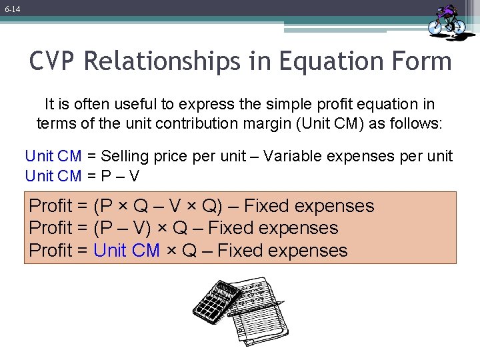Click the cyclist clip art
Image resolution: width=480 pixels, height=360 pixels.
coord(447,19)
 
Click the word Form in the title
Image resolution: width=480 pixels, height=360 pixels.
coord(423,62)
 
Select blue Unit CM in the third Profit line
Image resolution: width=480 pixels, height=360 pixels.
coord(127,251)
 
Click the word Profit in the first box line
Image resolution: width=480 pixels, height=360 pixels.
coord(51,206)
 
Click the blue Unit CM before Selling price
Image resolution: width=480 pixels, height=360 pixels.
coord(53,156)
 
